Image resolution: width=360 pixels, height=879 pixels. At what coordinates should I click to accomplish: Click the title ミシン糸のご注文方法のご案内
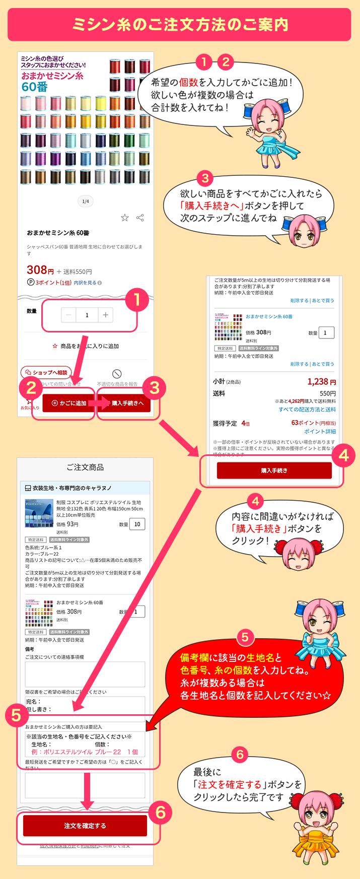click(180, 24)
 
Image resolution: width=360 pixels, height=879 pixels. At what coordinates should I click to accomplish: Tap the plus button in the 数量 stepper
click(105, 315)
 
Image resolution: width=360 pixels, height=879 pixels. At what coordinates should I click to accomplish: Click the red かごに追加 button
click(68, 403)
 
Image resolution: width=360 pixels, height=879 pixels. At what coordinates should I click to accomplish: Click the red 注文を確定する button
click(85, 826)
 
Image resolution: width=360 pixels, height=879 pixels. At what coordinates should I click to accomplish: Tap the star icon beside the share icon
click(125, 218)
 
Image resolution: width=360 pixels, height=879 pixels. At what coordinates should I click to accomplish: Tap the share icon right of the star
click(140, 218)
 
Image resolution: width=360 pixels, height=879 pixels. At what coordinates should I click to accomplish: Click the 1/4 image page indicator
click(86, 201)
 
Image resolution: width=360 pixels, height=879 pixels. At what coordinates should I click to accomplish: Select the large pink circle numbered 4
click(343, 456)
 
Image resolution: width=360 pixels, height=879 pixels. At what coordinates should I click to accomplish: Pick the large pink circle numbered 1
click(135, 300)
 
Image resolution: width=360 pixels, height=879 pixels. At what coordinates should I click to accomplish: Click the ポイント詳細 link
click(320, 431)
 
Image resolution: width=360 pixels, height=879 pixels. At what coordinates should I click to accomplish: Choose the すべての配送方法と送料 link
click(307, 410)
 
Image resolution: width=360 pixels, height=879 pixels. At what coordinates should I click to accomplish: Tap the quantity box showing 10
click(137, 524)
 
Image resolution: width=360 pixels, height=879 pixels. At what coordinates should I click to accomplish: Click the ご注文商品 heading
click(85, 467)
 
